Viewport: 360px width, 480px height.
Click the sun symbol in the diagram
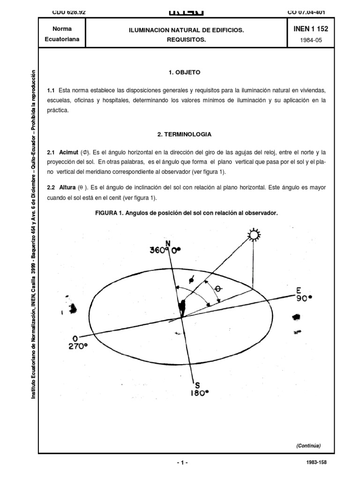tap(254, 234)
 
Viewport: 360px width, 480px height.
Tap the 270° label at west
tap(77, 347)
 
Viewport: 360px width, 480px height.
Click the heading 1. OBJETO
tap(184, 73)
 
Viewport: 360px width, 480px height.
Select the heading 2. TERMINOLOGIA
tap(184, 134)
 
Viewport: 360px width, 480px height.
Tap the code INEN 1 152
tap(310, 29)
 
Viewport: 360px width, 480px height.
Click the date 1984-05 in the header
tap(310, 40)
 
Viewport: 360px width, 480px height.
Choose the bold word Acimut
tap(68, 153)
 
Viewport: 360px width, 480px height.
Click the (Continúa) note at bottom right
tap(308, 446)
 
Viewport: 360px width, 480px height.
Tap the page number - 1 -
tap(182, 462)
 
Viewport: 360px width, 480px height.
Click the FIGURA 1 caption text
tap(187, 212)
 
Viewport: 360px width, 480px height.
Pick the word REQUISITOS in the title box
tap(187, 40)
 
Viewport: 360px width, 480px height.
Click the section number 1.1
tap(51, 90)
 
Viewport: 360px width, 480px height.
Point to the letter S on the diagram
tap(197, 385)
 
